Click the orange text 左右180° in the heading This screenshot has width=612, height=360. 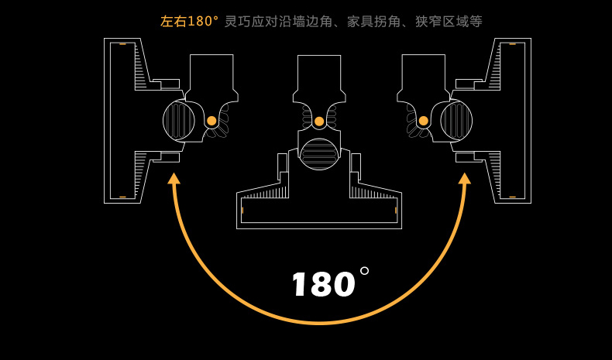point(189,21)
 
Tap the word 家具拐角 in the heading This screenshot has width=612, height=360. point(373,21)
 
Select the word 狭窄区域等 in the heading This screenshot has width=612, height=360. point(449,21)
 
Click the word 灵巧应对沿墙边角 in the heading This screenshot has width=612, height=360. point(278,21)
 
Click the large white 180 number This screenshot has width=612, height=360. point(324,284)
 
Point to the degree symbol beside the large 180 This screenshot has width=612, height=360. point(365,271)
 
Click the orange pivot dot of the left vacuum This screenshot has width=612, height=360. point(211,121)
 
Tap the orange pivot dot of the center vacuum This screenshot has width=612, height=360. point(319,122)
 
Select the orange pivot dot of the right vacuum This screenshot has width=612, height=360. point(424,121)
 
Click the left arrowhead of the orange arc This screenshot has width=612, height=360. point(174,178)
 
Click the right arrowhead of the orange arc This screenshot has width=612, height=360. point(465,178)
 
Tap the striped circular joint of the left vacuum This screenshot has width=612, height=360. point(179,121)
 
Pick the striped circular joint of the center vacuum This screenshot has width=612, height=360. point(319,153)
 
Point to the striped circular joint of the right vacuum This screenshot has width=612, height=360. point(456,121)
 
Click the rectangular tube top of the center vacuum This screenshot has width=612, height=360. point(319,73)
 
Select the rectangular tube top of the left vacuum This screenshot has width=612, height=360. point(211,72)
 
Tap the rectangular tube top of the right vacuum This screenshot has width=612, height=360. point(424,72)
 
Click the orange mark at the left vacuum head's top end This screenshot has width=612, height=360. point(122,44)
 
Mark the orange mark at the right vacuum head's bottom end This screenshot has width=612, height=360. point(513,197)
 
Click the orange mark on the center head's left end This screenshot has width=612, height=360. point(242,211)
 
